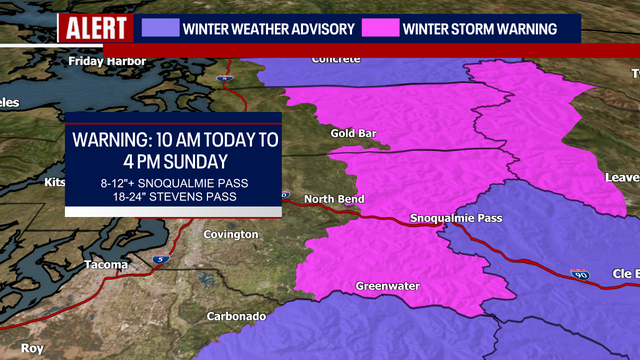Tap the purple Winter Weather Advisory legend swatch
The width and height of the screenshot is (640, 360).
160,28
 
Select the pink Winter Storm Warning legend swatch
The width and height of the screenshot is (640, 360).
381,28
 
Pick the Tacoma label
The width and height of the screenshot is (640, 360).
105,265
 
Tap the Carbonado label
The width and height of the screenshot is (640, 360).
237,316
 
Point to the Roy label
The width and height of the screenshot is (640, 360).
33,349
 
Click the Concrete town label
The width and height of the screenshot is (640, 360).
335,59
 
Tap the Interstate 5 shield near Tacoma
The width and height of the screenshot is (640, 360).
161,259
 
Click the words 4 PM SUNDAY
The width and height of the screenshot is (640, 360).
171,160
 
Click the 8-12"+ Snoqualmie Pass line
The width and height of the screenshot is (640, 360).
172,183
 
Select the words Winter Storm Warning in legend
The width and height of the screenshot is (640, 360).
479,28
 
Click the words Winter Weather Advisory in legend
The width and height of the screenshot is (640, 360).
268,28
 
